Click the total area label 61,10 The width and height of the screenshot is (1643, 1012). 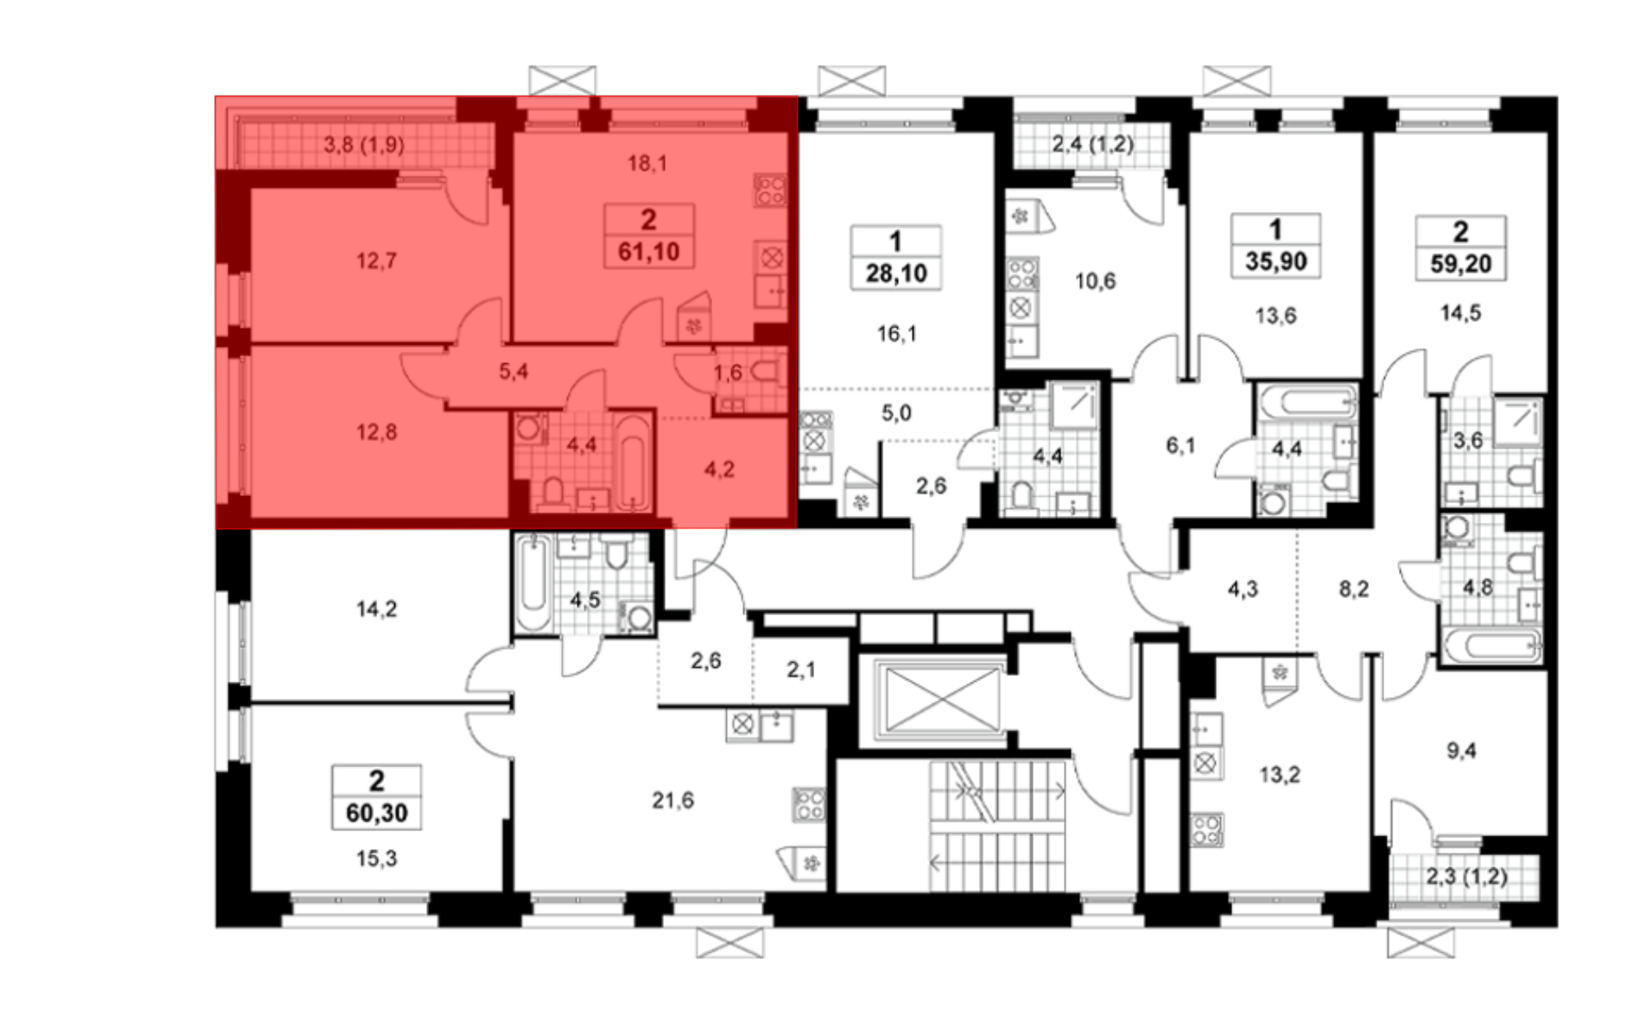pyautogui.click(x=649, y=251)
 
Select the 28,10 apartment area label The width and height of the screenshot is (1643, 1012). pyautogui.click(x=896, y=273)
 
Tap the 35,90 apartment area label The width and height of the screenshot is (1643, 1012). pyautogui.click(x=1276, y=261)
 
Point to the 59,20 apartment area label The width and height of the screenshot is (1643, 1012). pyautogui.click(x=1461, y=264)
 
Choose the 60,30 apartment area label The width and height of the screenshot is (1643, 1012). pyautogui.click(x=377, y=813)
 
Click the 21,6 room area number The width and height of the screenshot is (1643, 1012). pyautogui.click(x=673, y=800)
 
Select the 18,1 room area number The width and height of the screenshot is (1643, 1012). pyautogui.click(x=647, y=163)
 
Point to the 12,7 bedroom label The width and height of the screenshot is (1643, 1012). pyautogui.click(x=376, y=261)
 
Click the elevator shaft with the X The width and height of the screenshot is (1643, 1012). pyautogui.click(x=941, y=701)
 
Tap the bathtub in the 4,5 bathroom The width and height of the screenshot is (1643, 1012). pyautogui.click(x=534, y=583)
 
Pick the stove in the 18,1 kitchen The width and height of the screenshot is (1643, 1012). pyautogui.click(x=771, y=191)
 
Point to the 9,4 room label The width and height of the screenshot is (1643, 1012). pyautogui.click(x=1461, y=751)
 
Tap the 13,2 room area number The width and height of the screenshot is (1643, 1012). pyautogui.click(x=1279, y=775)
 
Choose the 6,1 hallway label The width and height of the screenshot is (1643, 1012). pyautogui.click(x=1180, y=446)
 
